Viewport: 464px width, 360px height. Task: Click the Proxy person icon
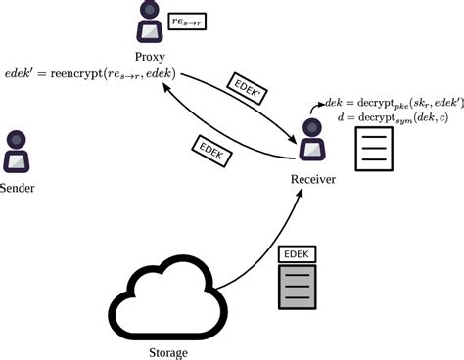(x=150, y=22)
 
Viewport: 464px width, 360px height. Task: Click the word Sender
(x=18, y=187)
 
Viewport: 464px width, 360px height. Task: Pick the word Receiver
(x=314, y=180)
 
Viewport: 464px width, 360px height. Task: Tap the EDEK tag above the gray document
(x=299, y=253)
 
